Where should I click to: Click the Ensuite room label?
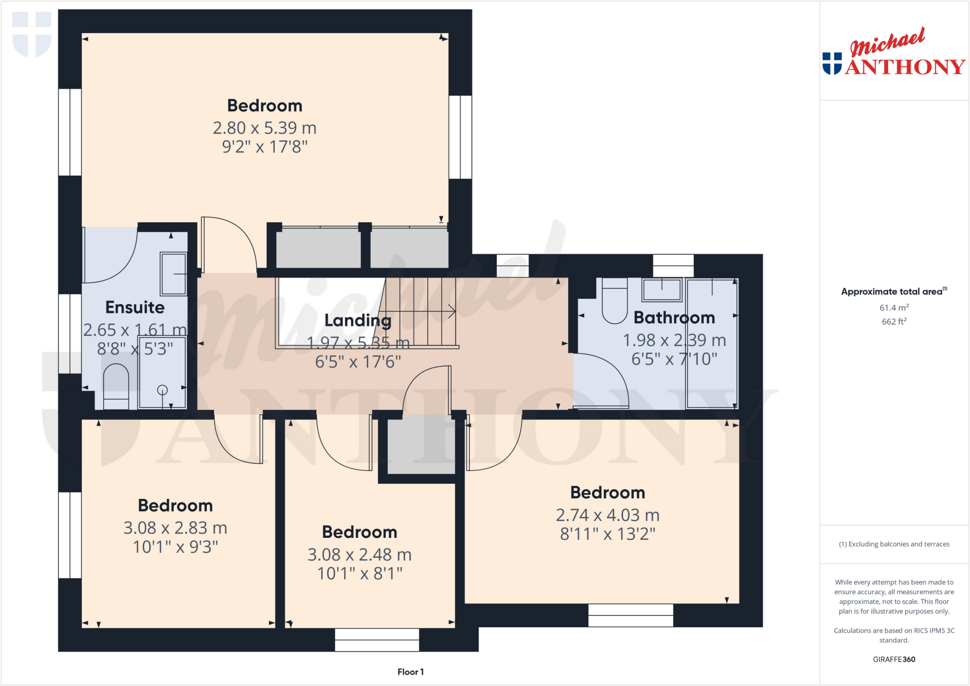coord(135,307)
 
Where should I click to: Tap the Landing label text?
coord(358,321)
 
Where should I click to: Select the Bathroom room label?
coord(674,318)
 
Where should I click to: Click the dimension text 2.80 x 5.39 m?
coord(264,128)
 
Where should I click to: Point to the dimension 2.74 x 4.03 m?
coord(607,515)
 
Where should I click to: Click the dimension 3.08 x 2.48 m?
coord(359,555)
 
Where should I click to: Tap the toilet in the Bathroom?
coord(614,303)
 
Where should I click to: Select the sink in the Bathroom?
coord(662,290)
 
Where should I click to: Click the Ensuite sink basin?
coord(173,274)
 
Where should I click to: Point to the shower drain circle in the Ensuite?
coord(162,390)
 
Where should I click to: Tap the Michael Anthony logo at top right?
coord(893,53)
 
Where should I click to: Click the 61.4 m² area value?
coord(894,308)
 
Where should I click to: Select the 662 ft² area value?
coord(894,321)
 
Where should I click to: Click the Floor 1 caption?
coord(410,672)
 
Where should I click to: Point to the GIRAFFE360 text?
coord(894,659)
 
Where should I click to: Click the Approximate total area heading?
coord(893,292)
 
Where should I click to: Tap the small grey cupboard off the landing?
coord(421,445)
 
